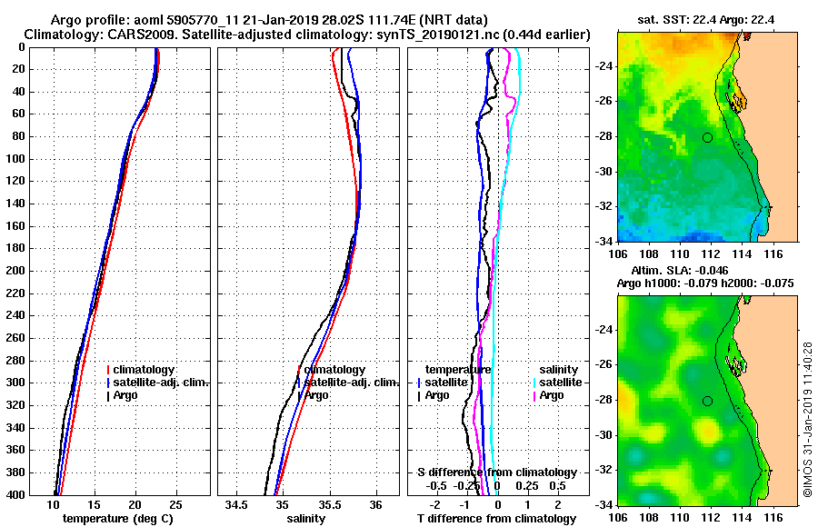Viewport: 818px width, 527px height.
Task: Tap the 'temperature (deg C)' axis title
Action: click(x=117, y=519)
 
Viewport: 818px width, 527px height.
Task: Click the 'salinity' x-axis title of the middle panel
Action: click(x=304, y=519)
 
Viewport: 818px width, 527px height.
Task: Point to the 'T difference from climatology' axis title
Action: click(x=496, y=519)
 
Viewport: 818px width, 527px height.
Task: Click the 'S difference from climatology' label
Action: click(x=496, y=472)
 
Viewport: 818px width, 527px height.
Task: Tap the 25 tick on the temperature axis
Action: click(x=176, y=504)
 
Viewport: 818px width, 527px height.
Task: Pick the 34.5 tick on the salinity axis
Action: click(x=237, y=504)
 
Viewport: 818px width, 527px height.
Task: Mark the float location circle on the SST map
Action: click(x=707, y=137)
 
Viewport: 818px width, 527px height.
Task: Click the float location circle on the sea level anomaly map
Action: click(x=707, y=401)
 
